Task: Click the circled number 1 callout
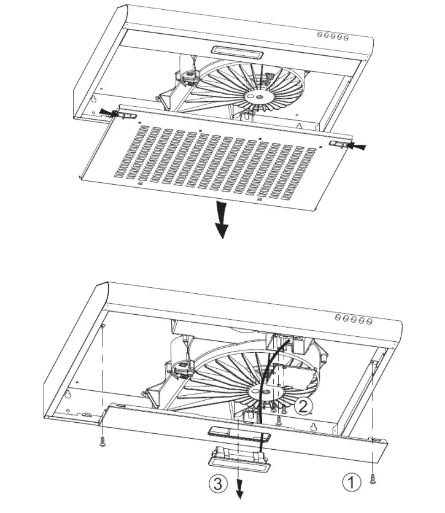point(350,483)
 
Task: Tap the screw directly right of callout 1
point(373,482)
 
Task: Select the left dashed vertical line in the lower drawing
point(103,380)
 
